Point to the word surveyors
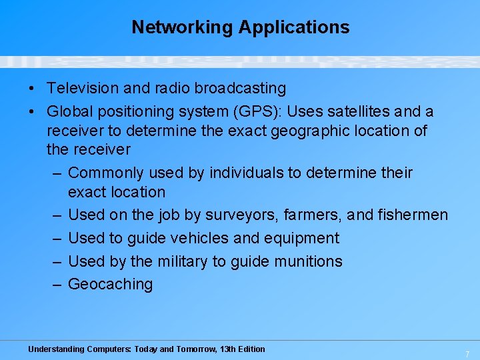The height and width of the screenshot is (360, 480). pyautogui.click(x=243, y=215)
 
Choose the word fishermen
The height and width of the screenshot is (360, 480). pyautogui.click(x=413, y=215)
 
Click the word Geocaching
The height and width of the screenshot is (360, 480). pyautogui.click(x=110, y=284)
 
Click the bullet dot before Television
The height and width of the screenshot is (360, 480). pyautogui.click(x=31, y=89)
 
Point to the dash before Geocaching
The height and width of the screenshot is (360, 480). pyautogui.click(x=57, y=284)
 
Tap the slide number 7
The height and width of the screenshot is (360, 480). pyautogui.click(x=467, y=353)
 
